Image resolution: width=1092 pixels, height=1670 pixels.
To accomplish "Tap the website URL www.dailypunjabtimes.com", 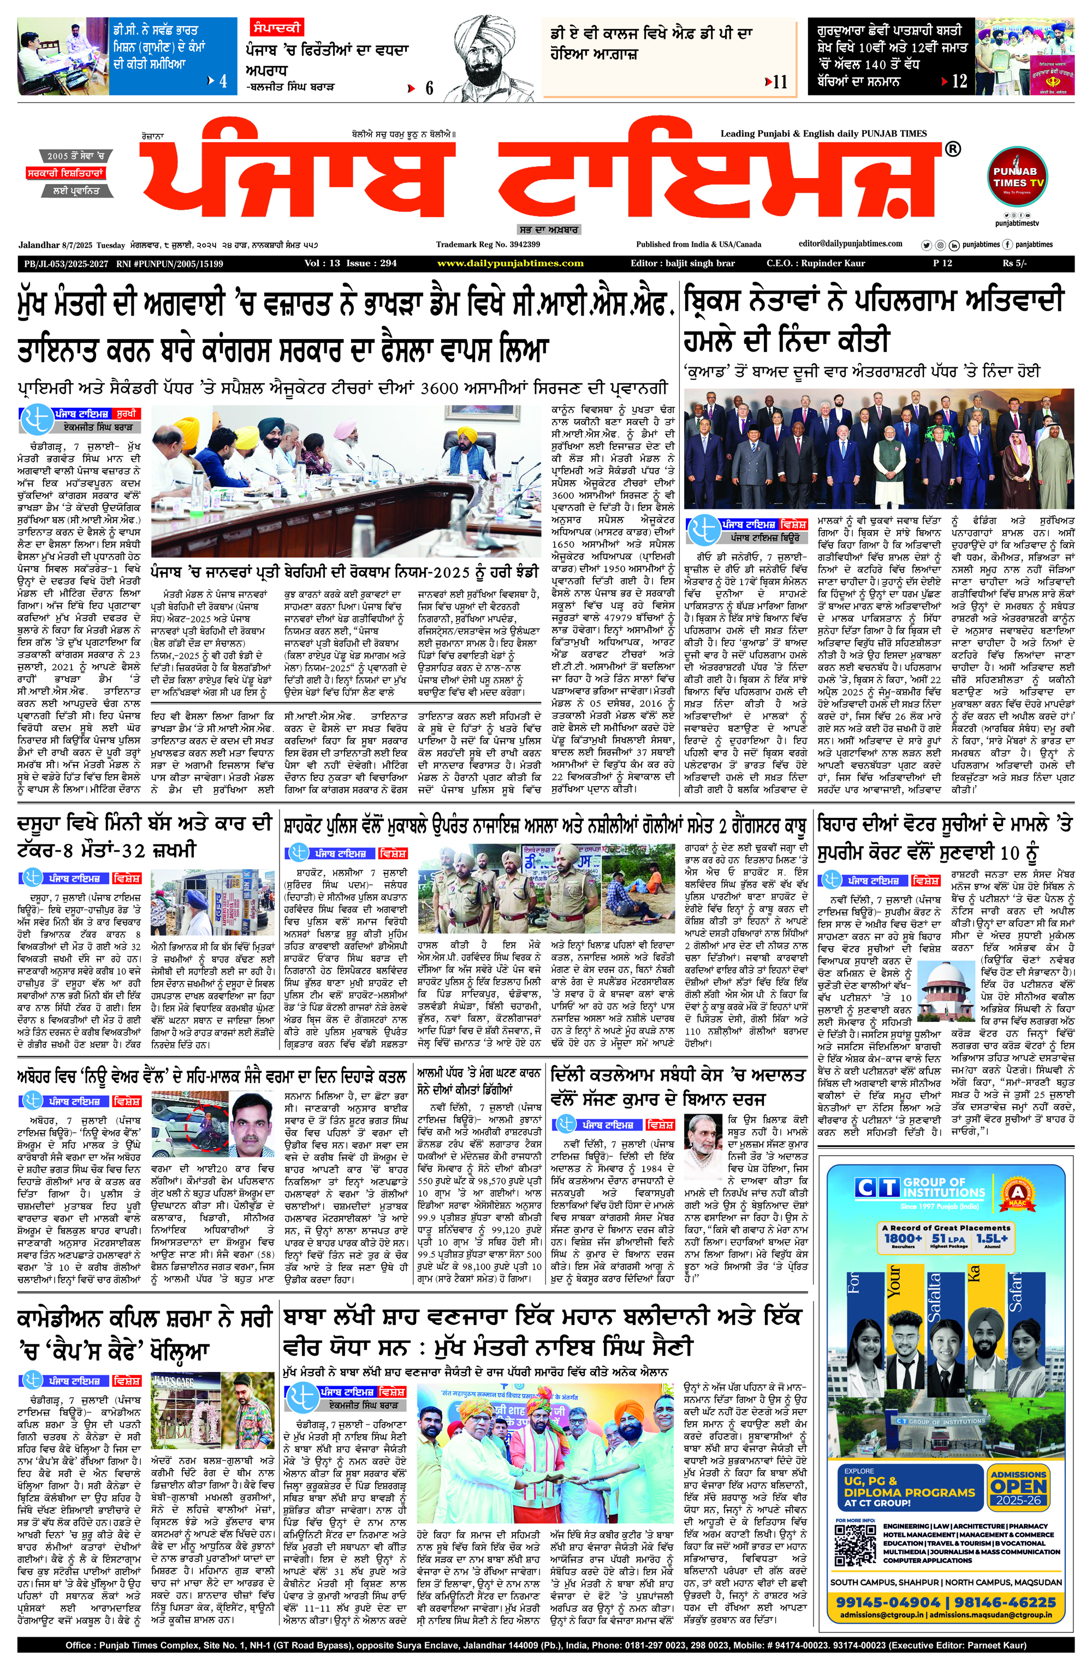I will [510, 263].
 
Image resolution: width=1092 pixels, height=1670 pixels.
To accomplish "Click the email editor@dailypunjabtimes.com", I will [851, 243].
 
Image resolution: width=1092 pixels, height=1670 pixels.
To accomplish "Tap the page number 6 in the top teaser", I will [429, 88].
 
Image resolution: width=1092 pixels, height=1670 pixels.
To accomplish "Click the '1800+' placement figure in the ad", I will [903, 1239].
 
